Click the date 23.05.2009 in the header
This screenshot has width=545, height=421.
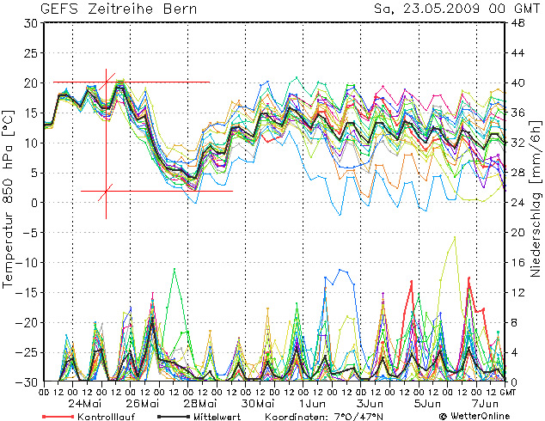coord(438,9)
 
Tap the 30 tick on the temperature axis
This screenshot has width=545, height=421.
coord(30,23)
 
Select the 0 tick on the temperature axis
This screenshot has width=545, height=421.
coord(33,203)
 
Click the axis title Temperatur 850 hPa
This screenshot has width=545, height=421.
coord(9,198)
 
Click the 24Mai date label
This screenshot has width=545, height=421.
coord(86,403)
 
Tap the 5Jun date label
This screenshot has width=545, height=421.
coord(427,403)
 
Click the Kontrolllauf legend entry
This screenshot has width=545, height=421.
coord(95,415)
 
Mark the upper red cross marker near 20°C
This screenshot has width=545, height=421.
coord(107,82)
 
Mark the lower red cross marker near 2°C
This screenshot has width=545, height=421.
coord(107,191)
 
